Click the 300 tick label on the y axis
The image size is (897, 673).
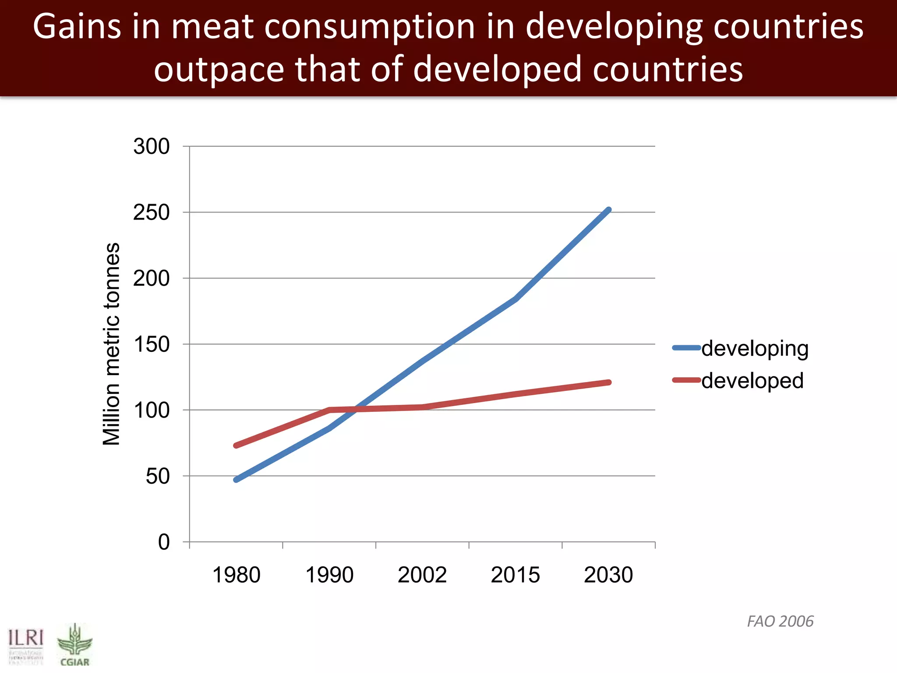coord(151,146)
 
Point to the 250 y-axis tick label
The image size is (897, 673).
coord(151,213)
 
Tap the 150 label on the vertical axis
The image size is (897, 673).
coord(151,344)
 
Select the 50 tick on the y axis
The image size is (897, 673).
coord(157,476)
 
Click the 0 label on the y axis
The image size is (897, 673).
coord(164,542)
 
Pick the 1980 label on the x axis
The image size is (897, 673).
coord(236,575)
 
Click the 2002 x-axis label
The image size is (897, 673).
coord(422,575)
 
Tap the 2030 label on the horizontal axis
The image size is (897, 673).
coord(608,575)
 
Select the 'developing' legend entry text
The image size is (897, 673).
coord(755,349)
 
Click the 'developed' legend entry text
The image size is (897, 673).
coord(752,381)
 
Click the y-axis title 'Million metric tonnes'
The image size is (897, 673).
coord(111,344)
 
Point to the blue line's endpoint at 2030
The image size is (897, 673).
coord(608,210)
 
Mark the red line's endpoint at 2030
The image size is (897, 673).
coord(608,383)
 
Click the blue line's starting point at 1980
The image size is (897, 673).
coord(237,480)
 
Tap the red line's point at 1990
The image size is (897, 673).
coord(329,410)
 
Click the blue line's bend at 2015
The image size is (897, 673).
coord(516,299)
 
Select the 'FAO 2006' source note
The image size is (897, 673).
coord(780,621)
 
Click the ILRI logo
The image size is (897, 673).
coord(26,646)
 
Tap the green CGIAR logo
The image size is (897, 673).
coord(75,645)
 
